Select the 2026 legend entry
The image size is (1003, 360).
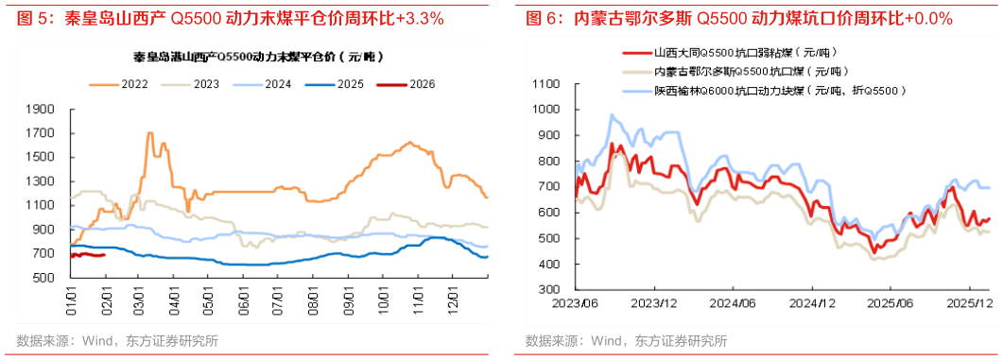(423, 84)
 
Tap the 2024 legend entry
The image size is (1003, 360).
(278, 84)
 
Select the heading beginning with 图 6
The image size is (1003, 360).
(737, 18)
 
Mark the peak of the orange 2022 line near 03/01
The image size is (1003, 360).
(150, 133)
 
